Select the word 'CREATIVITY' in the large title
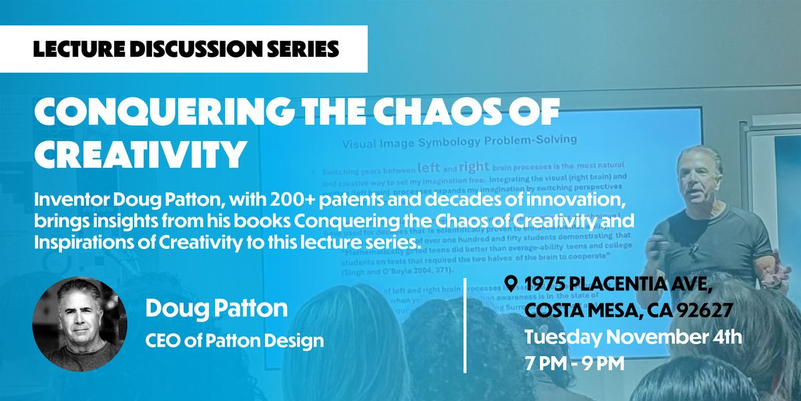[x=140, y=154]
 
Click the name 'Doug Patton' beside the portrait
[x=217, y=308]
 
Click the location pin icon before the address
[x=511, y=283]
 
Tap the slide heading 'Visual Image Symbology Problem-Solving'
[x=460, y=141]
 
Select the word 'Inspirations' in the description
[x=73, y=243]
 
